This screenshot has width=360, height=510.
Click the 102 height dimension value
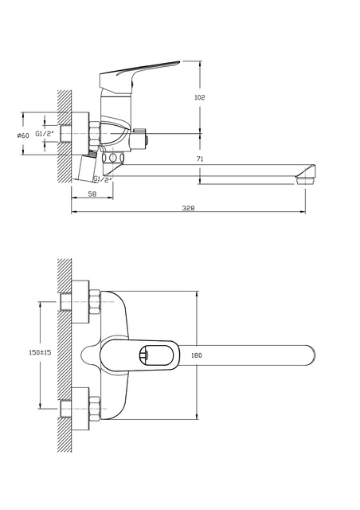[x=200, y=97]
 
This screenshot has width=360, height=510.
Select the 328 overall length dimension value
[x=188, y=208]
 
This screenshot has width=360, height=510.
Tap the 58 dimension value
[x=92, y=194]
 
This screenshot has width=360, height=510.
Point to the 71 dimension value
[x=200, y=159]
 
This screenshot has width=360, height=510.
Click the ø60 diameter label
[x=23, y=135]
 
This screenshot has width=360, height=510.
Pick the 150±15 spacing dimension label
[x=41, y=352]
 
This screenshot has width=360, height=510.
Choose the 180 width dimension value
[x=197, y=355]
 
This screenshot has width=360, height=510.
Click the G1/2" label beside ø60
[x=43, y=133]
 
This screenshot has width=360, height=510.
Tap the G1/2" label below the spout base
[x=103, y=178]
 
